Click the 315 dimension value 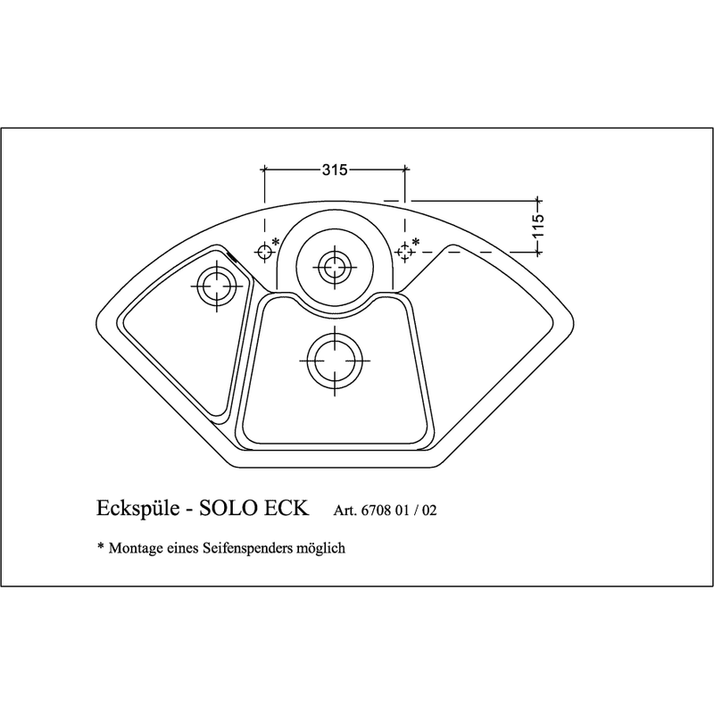(x=335, y=170)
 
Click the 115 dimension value (x=538, y=226)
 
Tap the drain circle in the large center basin (x=335, y=361)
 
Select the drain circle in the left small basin (x=217, y=286)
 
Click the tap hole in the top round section (x=335, y=267)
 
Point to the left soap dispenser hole (x=264, y=252)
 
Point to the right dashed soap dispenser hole (x=405, y=252)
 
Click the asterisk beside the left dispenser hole (x=276, y=241)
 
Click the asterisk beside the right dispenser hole (x=416, y=241)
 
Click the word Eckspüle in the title (x=138, y=508)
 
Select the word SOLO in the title (x=228, y=508)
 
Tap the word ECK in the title (x=286, y=508)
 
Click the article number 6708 (x=376, y=511)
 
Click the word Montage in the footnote (x=136, y=548)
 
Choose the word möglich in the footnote (x=320, y=548)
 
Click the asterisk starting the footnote (x=101, y=545)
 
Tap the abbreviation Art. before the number (x=345, y=511)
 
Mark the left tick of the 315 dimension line (x=264, y=170)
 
